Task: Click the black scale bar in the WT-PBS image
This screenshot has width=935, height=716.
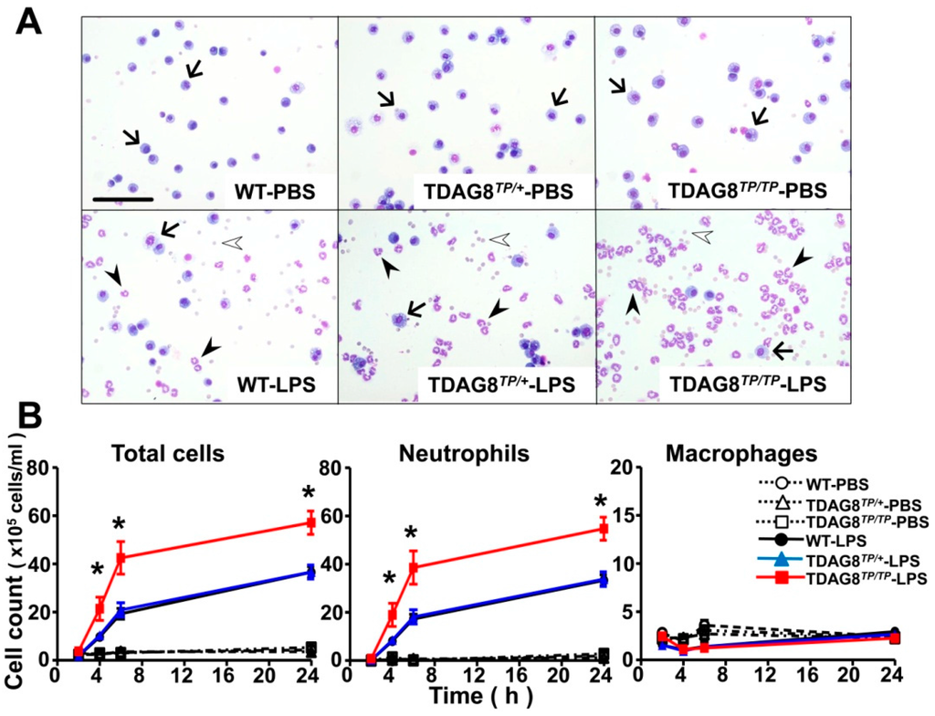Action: point(121,196)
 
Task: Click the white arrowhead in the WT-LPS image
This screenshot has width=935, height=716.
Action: point(235,242)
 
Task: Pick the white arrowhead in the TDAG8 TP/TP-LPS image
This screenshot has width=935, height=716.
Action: point(702,237)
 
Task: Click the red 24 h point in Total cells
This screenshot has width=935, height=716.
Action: point(310,523)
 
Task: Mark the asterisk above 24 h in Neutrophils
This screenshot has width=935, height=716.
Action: point(600,501)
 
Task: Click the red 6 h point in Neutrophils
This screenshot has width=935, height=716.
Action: point(413,567)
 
